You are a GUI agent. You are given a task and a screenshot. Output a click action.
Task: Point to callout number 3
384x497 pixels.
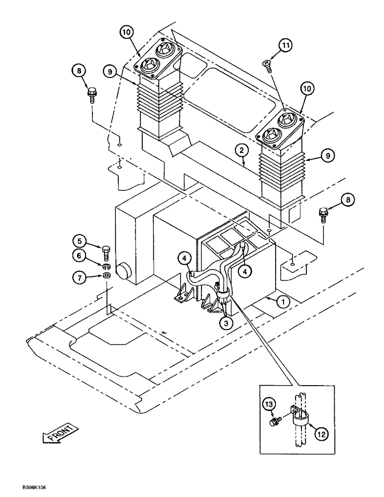225,322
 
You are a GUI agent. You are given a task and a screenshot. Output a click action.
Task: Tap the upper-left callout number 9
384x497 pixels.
110,71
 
